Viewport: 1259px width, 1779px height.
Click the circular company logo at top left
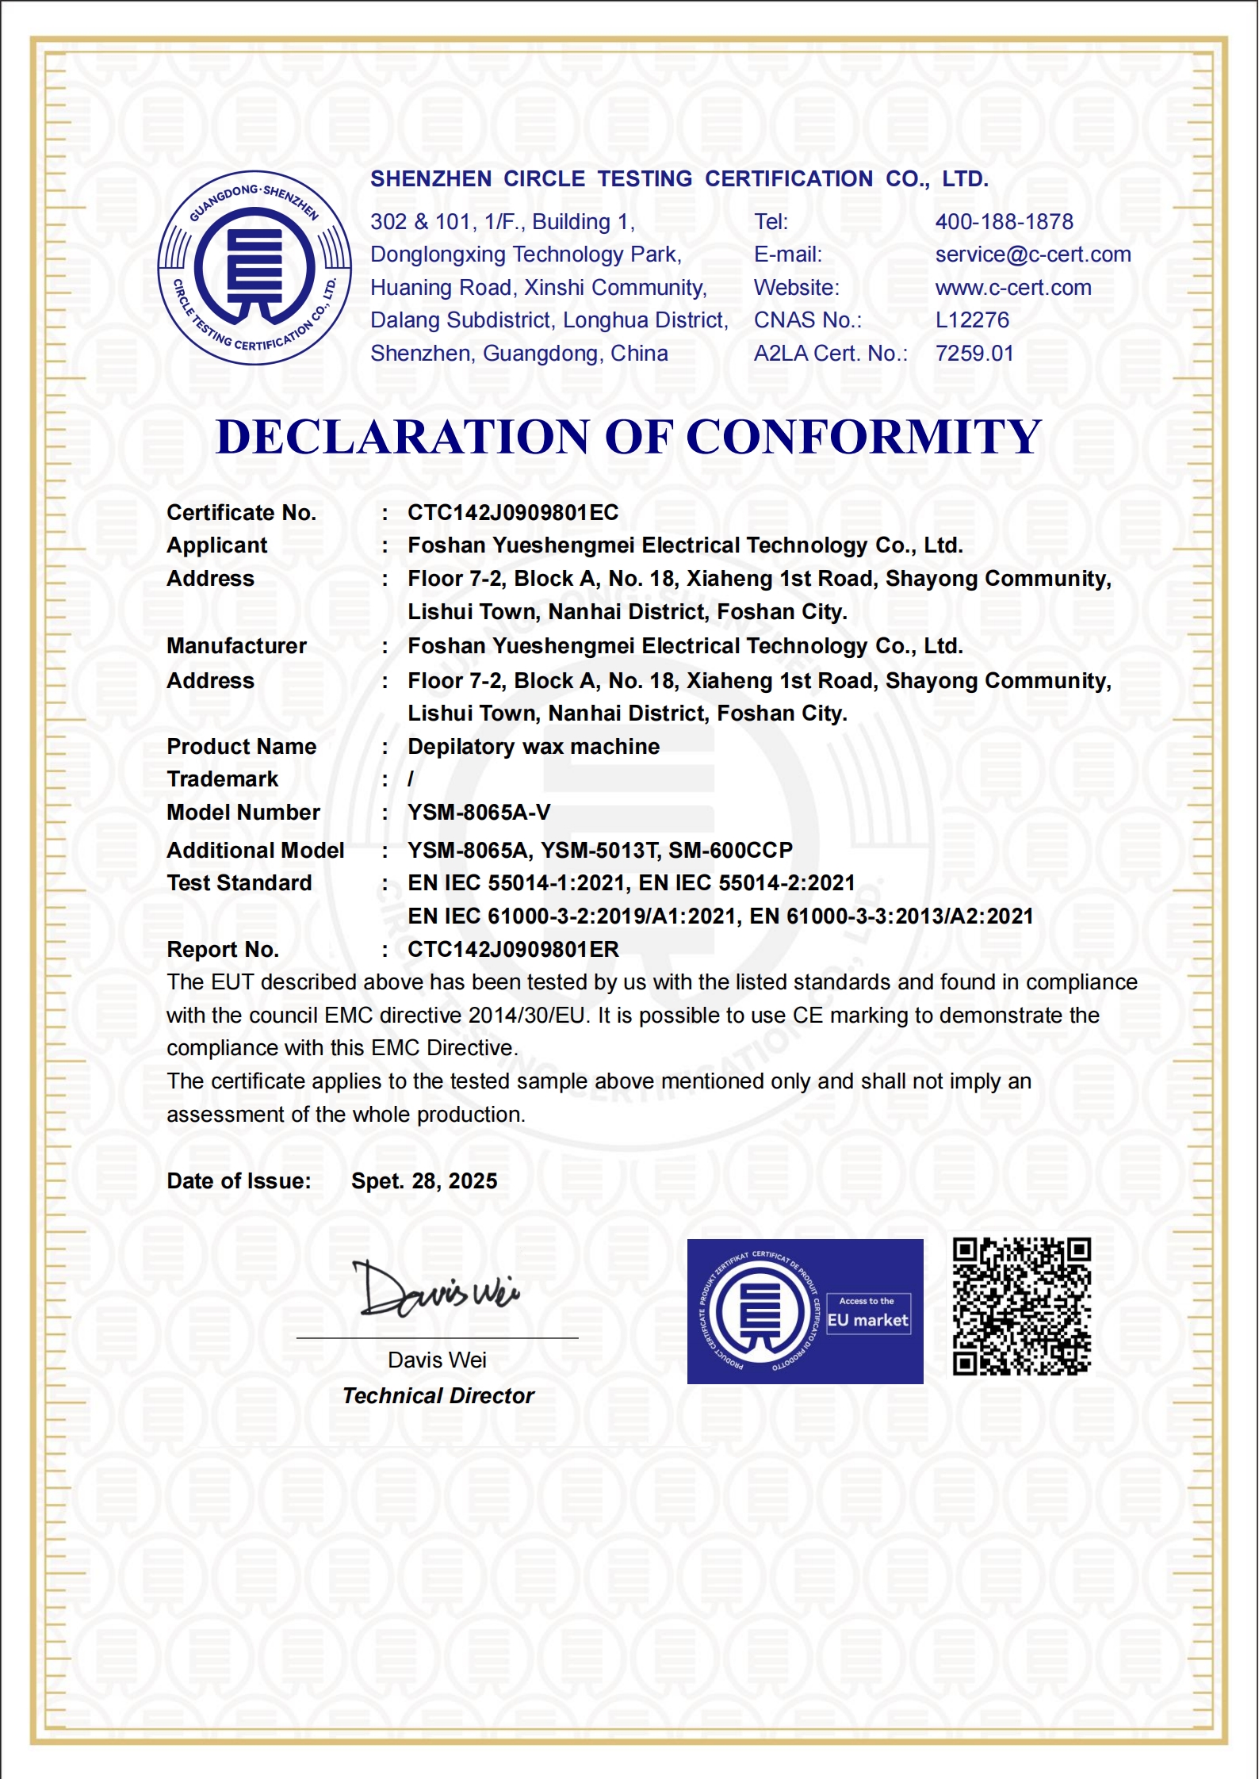(x=254, y=268)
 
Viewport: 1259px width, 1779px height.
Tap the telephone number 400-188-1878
(x=1004, y=222)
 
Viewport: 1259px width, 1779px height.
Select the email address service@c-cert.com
(x=1032, y=254)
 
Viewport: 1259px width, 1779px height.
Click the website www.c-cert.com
(x=1012, y=288)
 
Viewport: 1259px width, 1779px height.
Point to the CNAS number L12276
(x=972, y=320)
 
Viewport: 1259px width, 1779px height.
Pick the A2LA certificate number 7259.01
(x=974, y=354)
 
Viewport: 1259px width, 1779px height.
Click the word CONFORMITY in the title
(x=863, y=437)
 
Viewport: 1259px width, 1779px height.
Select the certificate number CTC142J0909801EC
(x=513, y=513)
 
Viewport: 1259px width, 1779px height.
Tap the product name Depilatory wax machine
(x=534, y=747)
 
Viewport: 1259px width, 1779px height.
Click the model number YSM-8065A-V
(x=479, y=813)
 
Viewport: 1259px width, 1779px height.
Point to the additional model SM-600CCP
(x=730, y=851)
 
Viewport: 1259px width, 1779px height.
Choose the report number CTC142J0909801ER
(x=513, y=950)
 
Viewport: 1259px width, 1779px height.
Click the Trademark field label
(x=223, y=779)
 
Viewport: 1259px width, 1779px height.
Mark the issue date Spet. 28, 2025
(x=424, y=1181)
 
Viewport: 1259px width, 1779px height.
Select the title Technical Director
(x=438, y=1396)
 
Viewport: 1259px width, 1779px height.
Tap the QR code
(x=1021, y=1307)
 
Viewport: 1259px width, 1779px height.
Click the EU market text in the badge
(x=867, y=1321)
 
